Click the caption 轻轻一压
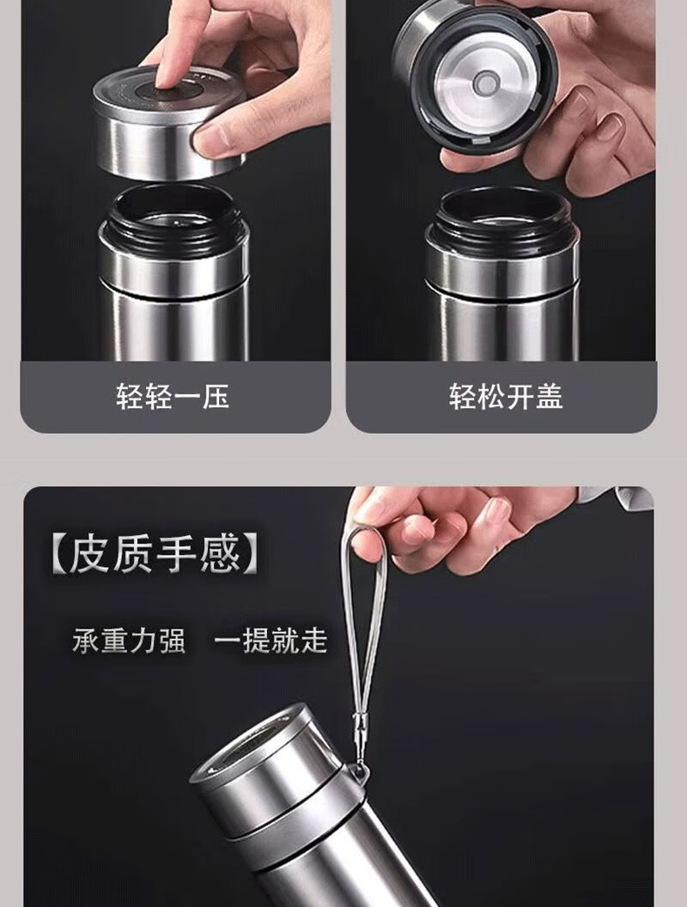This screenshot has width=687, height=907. (173, 397)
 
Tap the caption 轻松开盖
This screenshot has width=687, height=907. (506, 397)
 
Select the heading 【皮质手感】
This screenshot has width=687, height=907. (154, 555)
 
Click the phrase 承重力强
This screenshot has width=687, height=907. (129, 641)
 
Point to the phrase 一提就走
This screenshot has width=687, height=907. (271, 641)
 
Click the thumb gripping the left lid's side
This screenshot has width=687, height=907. (217, 139)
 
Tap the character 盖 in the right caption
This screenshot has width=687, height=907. (550, 397)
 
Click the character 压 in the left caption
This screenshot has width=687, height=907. (216, 397)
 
